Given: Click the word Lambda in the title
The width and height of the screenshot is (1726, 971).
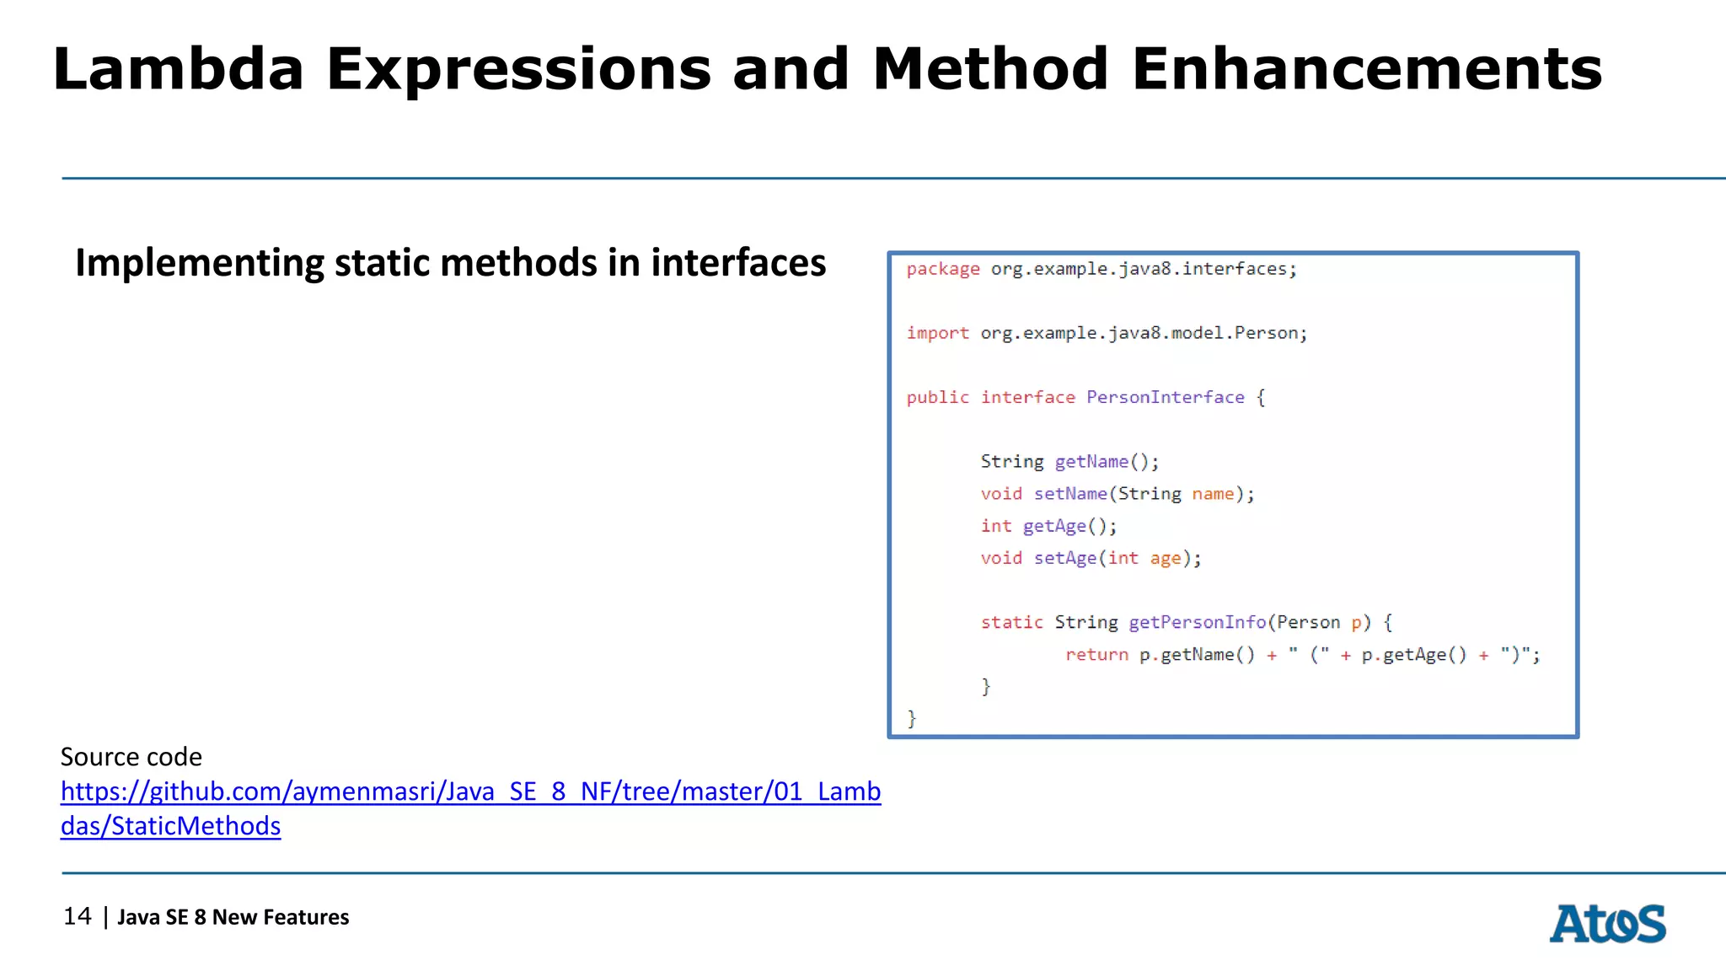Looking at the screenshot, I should click(178, 69).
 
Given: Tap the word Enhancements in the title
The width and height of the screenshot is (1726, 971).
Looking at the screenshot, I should click(1366, 69).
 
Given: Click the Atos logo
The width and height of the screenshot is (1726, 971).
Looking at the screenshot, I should click(1607, 924).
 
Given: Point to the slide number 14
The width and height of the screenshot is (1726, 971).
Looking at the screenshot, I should click(78, 916).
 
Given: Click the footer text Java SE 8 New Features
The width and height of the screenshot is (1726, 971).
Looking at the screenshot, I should click(233, 917).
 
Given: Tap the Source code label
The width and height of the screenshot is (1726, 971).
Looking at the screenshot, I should click(131, 757).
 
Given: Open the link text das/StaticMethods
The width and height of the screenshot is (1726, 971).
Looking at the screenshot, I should click(170, 826).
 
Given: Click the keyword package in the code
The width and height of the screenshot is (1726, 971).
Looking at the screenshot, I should click(943, 269).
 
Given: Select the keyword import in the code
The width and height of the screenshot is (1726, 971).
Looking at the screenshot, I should click(937, 333).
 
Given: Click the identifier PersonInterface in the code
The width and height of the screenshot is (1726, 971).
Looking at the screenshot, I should click(1165, 397).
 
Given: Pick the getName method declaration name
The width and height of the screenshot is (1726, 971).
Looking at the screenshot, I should click(1091, 462).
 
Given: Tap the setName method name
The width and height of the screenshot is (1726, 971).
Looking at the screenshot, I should click(1070, 494).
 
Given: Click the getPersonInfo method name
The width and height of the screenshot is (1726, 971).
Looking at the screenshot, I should click(1197, 622).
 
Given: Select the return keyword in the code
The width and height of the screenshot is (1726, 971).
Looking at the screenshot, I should click(1096, 655).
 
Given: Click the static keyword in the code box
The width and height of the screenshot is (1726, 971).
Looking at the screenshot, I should click(1011, 622).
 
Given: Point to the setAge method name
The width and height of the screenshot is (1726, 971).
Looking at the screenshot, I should click(1065, 558).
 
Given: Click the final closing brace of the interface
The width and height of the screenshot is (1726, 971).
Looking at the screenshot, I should click(911, 718).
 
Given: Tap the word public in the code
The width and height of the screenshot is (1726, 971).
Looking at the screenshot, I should click(937, 397).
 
